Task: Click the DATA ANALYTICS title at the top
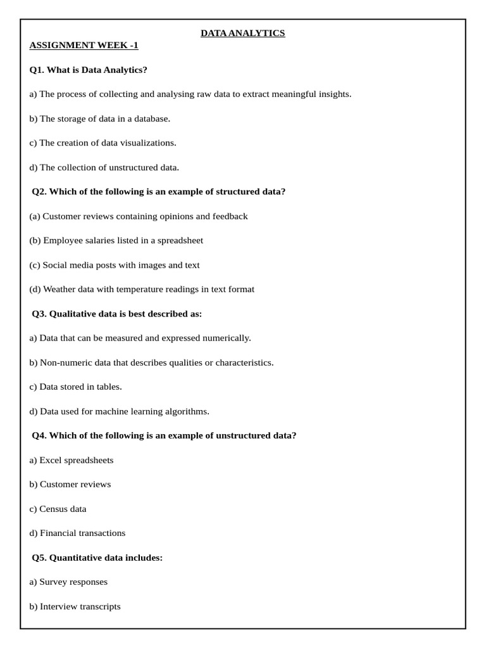tap(243, 33)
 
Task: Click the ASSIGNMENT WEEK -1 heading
tap(84, 45)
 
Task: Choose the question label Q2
tap(39, 192)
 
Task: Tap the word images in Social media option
tap(152, 265)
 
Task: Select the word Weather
tap(59, 289)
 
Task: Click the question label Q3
tap(39, 314)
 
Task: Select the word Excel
tap(51, 460)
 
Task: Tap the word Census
tap(54, 509)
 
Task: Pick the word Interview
tap(58, 606)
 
